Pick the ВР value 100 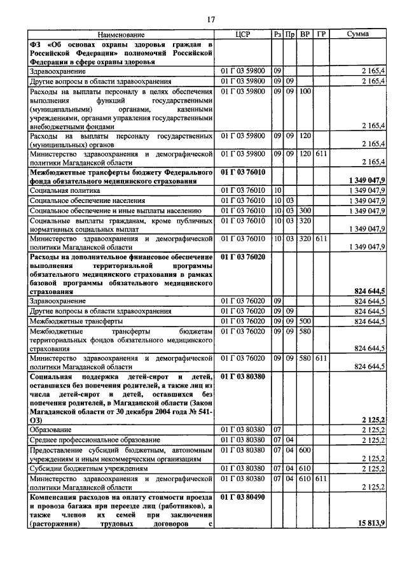coord(305,91)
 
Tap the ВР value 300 coord(305,211)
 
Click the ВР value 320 coord(305,220)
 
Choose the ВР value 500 coord(305,321)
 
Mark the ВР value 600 coord(305,449)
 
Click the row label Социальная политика coord(65,190)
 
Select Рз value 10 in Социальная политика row coord(277,190)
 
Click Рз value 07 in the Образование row coord(277,430)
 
